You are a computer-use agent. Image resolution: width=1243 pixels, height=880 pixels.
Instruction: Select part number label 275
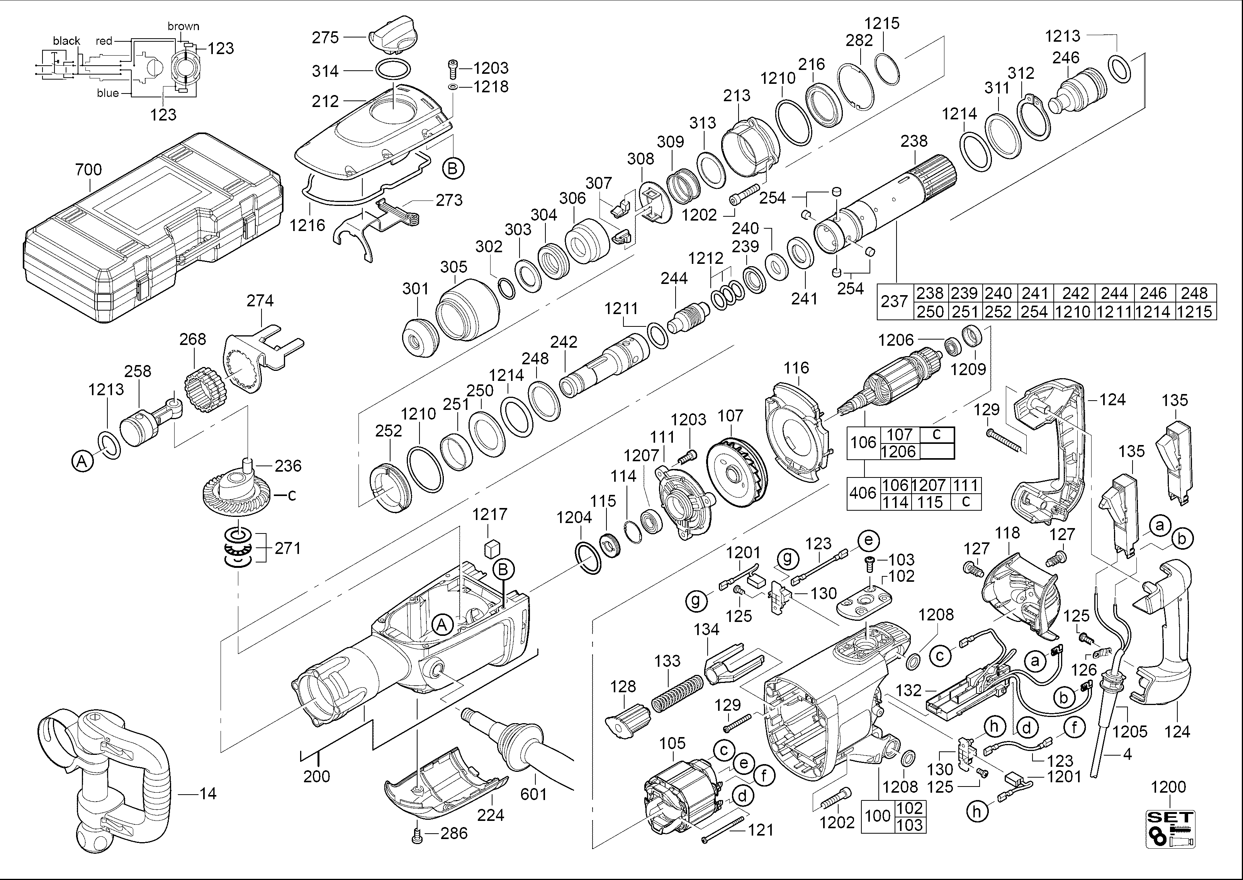[325, 37]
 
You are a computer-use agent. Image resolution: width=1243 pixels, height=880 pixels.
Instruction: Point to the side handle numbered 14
[103, 780]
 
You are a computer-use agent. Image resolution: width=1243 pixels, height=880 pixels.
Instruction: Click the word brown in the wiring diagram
[183, 26]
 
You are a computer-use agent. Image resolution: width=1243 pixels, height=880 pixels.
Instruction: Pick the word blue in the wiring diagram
[108, 93]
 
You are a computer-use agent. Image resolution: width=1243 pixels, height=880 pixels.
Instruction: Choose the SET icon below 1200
[1170, 829]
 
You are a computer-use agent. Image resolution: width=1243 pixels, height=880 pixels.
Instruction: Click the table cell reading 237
[894, 301]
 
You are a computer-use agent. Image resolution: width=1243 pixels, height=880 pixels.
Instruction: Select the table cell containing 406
[863, 493]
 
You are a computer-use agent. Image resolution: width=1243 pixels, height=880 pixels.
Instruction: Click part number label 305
[453, 267]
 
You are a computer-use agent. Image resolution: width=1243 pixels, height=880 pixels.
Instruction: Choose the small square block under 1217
[491, 549]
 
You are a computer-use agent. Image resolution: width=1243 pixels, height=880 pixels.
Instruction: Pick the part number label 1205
[1130, 732]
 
